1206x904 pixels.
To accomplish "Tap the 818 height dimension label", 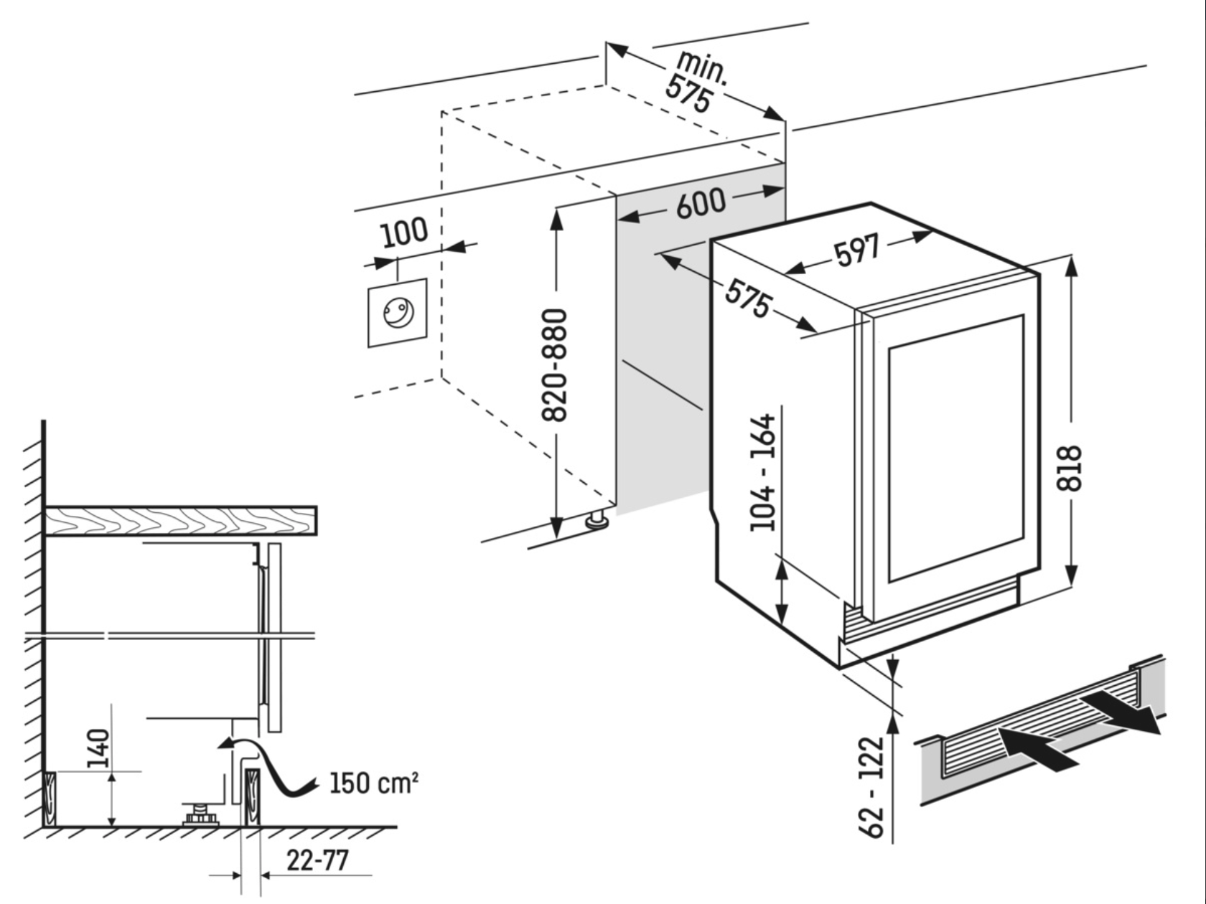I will [x=1070, y=468].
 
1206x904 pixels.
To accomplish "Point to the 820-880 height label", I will [x=556, y=365].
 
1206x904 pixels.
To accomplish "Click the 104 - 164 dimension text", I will [x=763, y=472].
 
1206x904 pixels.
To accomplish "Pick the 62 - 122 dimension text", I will [x=874, y=786].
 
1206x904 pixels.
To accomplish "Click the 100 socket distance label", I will [x=403, y=232].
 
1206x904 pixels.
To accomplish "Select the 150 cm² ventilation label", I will [x=373, y=783].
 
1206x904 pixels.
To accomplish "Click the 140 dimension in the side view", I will [x=98, y=748].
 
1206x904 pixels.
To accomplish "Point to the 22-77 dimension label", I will [x=317, y=860].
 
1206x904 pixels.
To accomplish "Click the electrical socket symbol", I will [x=398, y=313].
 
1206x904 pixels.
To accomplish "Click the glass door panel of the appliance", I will [x=955, y=448].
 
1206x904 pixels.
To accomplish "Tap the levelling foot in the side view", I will [x=200, y=815].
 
